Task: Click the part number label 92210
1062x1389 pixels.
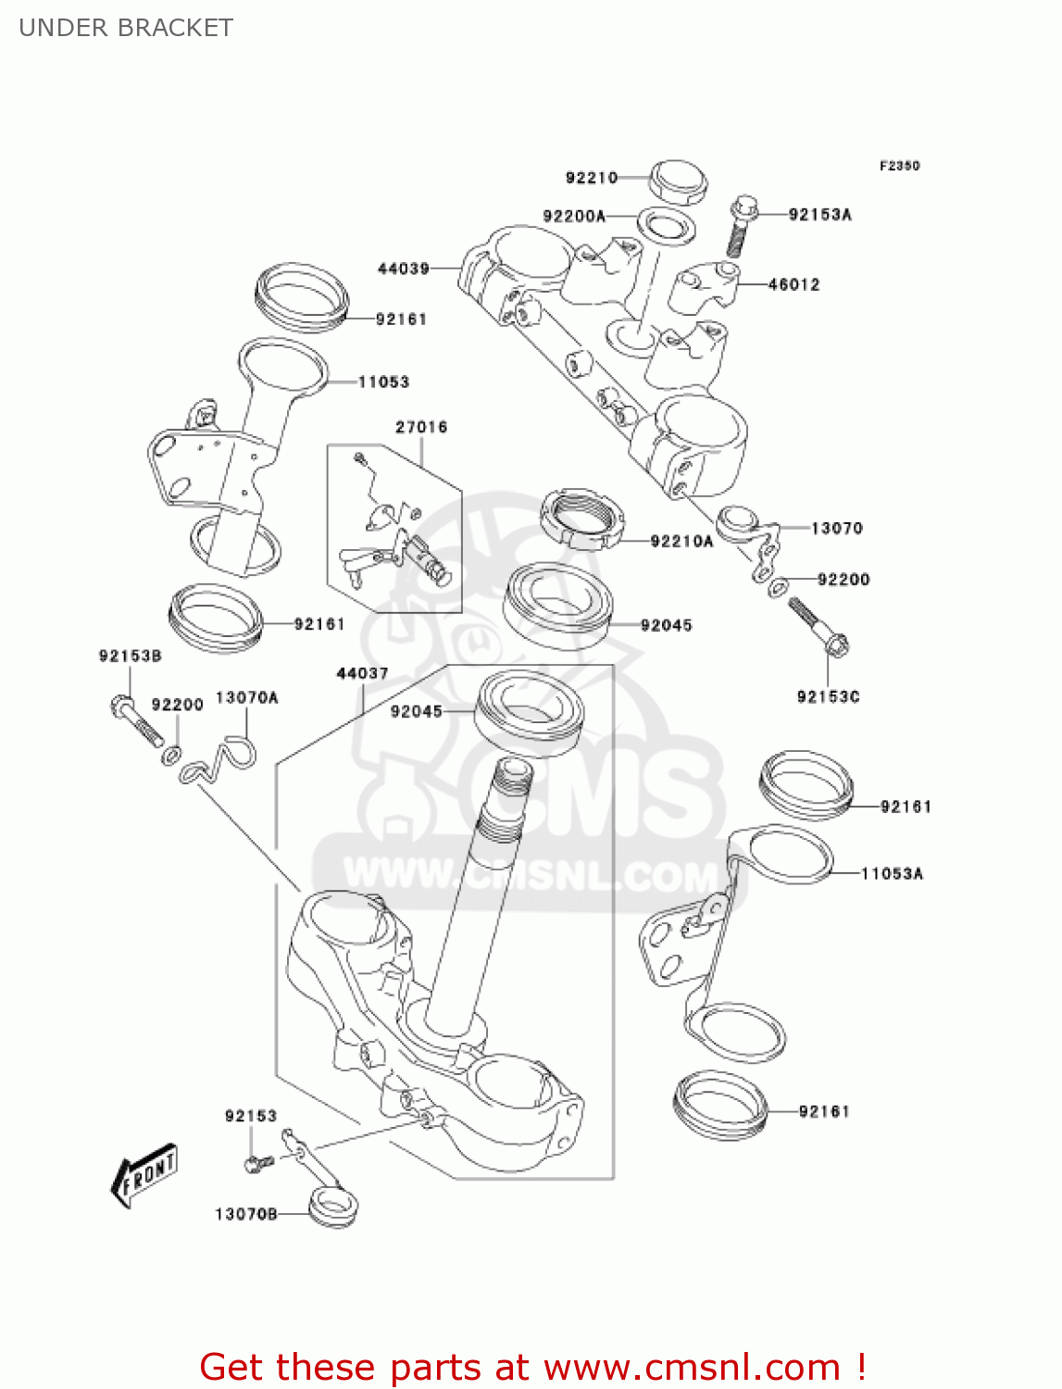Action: tap(591, 177)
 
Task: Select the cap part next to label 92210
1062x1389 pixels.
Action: tap(677, 181)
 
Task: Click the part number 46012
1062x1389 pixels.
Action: tap(793, 284)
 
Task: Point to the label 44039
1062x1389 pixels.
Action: tap(404, 269)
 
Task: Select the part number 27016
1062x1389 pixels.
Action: tap(421, 427)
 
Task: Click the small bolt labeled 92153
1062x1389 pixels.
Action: tap(257, 1162)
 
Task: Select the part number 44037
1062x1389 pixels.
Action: tap(362, 673)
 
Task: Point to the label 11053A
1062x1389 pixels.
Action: tap(892, 873)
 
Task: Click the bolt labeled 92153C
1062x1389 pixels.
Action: tap(819, 627)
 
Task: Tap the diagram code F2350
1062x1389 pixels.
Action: tap(899, 166)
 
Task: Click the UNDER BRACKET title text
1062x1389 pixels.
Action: tap(126, 28)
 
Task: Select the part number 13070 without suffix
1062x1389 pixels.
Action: tap(836, 528)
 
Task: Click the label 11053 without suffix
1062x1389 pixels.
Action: tap(383, 382)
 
